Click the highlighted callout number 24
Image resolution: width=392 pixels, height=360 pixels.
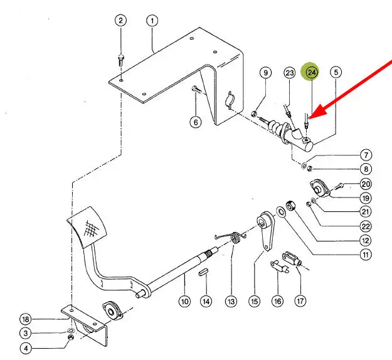(x=312, y=73)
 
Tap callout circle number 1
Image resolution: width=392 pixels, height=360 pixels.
(x=152, y=21)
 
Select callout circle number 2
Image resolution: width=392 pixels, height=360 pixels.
(x=120, y=21)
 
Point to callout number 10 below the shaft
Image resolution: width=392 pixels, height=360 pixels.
(x=184, y=302)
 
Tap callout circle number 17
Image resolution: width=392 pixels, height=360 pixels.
(x=300, y=301)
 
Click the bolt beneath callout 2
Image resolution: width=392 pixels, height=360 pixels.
(x=120, y=61)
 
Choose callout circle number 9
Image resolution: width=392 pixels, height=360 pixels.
(x=265, y=73)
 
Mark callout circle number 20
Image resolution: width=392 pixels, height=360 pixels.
(x=366, y=184)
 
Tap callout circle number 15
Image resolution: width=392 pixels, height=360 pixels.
(x=254, y=302)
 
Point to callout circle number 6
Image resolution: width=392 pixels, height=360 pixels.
(x=195, y=122)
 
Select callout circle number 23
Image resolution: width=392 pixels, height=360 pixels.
(x=289, y=73)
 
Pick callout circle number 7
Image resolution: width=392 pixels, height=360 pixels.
(x=366, y=155)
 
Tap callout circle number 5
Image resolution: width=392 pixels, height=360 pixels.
(x=336, y=73)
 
